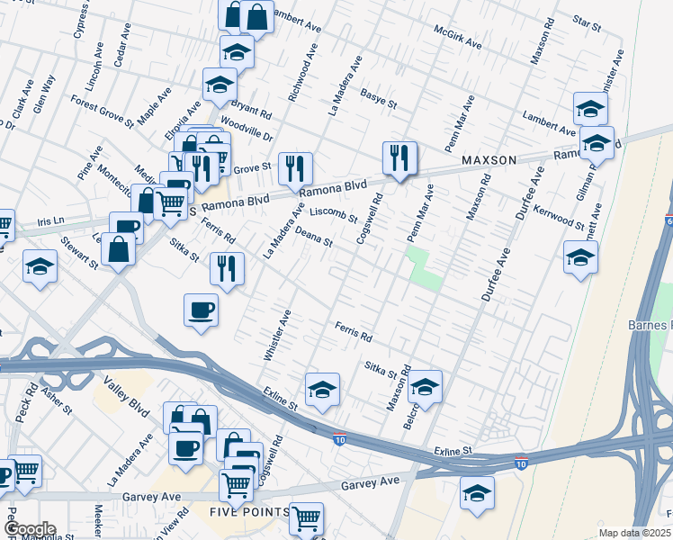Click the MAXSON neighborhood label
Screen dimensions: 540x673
[489, 160]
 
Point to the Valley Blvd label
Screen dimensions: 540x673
[126, 395]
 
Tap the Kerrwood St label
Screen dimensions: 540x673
[559, 218]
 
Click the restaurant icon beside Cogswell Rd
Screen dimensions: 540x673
[397, 157]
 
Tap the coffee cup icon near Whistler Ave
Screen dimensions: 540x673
[201, 310]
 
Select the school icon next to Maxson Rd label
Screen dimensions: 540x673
[424, 387]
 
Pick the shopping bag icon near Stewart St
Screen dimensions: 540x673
[118, 247]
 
